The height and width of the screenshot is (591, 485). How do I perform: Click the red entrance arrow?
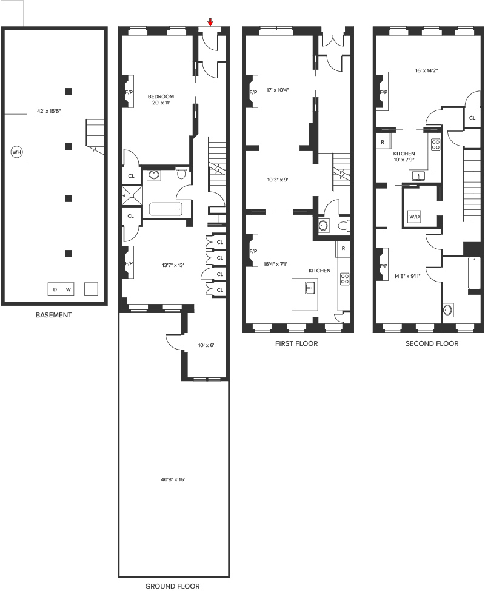pyautogui.click(x=210, y=22)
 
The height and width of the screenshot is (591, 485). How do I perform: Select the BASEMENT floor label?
pyautogui.click(x=53, y=315)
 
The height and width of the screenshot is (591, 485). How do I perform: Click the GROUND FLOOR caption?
pyautogui.click(x=172, y=586)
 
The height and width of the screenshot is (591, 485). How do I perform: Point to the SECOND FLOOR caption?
pyautogui.click(x=432, y=343)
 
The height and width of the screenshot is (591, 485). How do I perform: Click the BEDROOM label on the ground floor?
pyautogui.click(x=161, y=96)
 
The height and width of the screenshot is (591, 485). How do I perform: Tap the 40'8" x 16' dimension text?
pyautogui.click(x=173, y=480)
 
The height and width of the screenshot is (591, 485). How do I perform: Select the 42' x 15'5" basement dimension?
pyautogui.click(x=49, y=111)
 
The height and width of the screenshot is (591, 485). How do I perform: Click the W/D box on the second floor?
pyautogui.click(x=414, y=217)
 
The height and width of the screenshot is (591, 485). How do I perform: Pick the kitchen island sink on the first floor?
pyautogui.click(x=310, y=288)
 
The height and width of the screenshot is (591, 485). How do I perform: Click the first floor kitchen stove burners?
pyautogui.click(x=344, y=279)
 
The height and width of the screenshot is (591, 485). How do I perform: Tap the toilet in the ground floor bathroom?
pyautogui.click(x=181, y=173)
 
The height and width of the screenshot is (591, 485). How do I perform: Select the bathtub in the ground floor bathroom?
pyautogui.click(x=166, y=209)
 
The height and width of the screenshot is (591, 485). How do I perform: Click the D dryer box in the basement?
pyautogui.click(x=55, y=289)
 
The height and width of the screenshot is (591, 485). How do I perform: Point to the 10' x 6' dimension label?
pyautogui.click(x=206, y=345)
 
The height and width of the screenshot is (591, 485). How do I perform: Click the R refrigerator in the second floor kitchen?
pyautogui.click(x=383, y=142)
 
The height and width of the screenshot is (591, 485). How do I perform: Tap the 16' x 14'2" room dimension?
pyautogui.click(x=427, y=70)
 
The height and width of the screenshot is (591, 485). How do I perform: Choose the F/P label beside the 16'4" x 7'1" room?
pyautogui.click(x=253, y=251)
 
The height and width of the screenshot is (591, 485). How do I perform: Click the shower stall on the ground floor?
pyautogui.click(x=132, y=195)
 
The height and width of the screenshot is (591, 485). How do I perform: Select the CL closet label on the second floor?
pyautogui.click(x=472, y=118)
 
